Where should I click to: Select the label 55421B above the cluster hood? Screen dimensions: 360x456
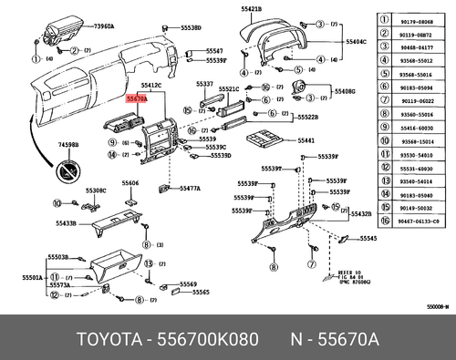(251, 8)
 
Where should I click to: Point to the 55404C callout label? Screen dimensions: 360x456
(357, 42)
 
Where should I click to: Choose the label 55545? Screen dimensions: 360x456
(368, 238)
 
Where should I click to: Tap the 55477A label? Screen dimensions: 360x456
(191, 189)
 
